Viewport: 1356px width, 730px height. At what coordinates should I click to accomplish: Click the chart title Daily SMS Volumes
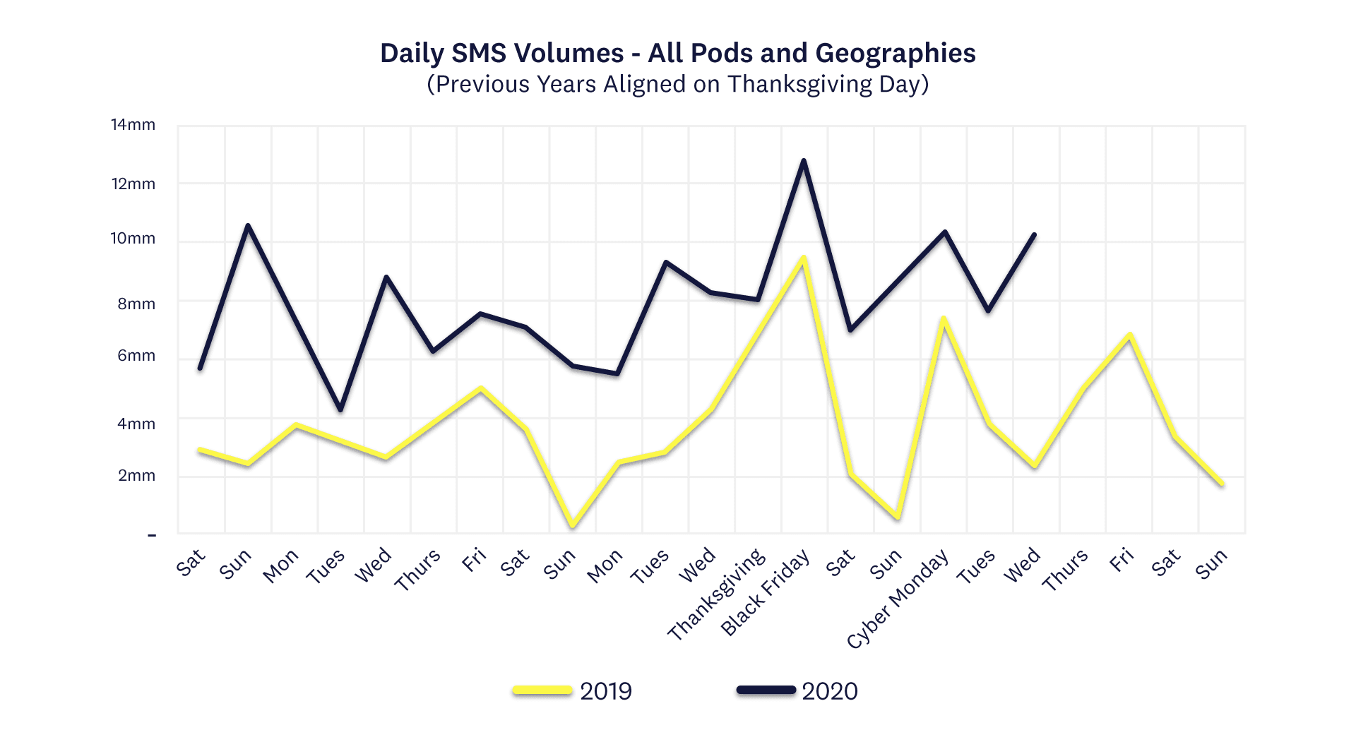[677, 53]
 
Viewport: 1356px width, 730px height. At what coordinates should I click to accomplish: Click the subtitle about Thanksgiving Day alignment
[677, 84]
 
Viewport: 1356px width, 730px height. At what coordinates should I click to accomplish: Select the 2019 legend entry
[605, 691]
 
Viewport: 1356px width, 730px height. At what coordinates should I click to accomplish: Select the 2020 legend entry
[829, 691]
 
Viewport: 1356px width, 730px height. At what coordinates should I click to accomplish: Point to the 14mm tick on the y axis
[133, 125]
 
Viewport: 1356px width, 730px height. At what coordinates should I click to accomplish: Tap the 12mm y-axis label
[133, 184]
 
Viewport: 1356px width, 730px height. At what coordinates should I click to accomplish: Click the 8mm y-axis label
[136, 304]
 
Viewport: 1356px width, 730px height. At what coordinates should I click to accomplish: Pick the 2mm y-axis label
[136, 476]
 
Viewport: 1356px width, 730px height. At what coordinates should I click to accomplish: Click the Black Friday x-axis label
[766, 593]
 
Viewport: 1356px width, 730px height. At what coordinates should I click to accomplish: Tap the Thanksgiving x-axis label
[717, 594]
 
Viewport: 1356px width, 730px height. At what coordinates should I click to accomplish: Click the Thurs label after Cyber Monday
[1065, 570]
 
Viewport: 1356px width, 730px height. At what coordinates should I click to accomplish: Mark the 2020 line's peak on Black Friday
[804, 161]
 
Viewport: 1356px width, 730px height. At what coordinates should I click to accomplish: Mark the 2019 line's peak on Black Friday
[804, 258]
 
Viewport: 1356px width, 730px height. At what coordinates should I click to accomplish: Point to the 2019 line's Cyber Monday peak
[943, 318]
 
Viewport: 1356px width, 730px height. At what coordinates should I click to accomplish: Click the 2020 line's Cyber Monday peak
[944, 232]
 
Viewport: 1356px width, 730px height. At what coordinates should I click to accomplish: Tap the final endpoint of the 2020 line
[1035, 234]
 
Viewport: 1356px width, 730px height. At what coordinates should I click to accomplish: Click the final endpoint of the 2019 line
[1222, 484]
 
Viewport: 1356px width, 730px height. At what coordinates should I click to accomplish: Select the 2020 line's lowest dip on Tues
[340, 409]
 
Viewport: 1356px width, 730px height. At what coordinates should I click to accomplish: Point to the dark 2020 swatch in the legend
[766, 690]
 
